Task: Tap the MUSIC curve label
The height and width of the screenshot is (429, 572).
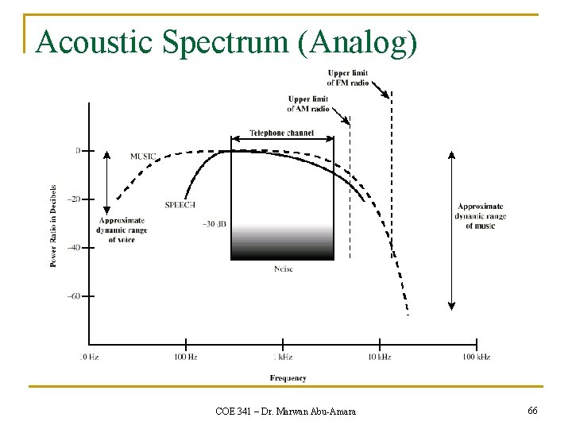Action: point(143,156)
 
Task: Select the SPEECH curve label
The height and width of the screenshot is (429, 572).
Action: point(180,204)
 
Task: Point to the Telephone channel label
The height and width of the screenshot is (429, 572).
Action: point(281,133)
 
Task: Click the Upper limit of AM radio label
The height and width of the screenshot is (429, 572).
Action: point(308,104)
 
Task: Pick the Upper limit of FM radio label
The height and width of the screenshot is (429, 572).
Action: point(347,78)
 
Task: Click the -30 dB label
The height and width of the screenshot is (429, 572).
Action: point(214,225)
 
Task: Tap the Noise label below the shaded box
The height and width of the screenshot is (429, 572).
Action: point(283,269)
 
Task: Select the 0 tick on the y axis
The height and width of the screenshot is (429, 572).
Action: point(78,150)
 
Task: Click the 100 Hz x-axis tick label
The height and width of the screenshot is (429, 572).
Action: point(185,357)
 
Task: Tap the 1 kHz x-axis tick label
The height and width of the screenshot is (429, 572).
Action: point(282,357)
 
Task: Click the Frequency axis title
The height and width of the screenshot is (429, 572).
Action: point(288,378)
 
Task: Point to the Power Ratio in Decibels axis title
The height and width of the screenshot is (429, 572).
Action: point(54,226)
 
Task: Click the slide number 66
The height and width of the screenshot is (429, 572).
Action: point(532,410)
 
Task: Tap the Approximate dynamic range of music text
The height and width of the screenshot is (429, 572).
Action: point(480,216)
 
